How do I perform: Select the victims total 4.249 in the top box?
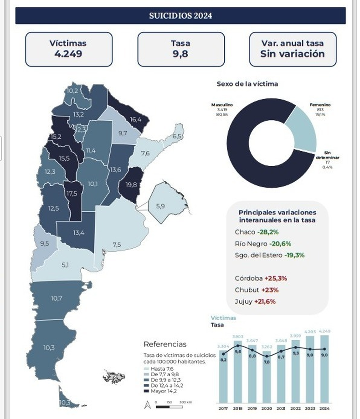point(67,54)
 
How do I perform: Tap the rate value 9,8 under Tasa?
point(180,54)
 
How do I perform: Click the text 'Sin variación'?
point(293,54)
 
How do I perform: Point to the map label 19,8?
point(131,185)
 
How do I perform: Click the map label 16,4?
point(136,120)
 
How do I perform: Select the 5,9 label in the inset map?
point(160,206)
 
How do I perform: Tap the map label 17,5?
point(72,194)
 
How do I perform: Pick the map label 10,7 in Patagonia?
point(57,299)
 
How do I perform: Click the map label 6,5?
point(177,137)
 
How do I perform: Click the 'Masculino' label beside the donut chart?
point(222,105)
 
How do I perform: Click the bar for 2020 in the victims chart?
point(267,378)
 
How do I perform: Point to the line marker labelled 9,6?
point(238,346)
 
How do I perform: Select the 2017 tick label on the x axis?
point(223,408)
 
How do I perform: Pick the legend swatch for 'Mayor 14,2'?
point(146,391)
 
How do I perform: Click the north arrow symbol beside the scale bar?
point(147,404)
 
